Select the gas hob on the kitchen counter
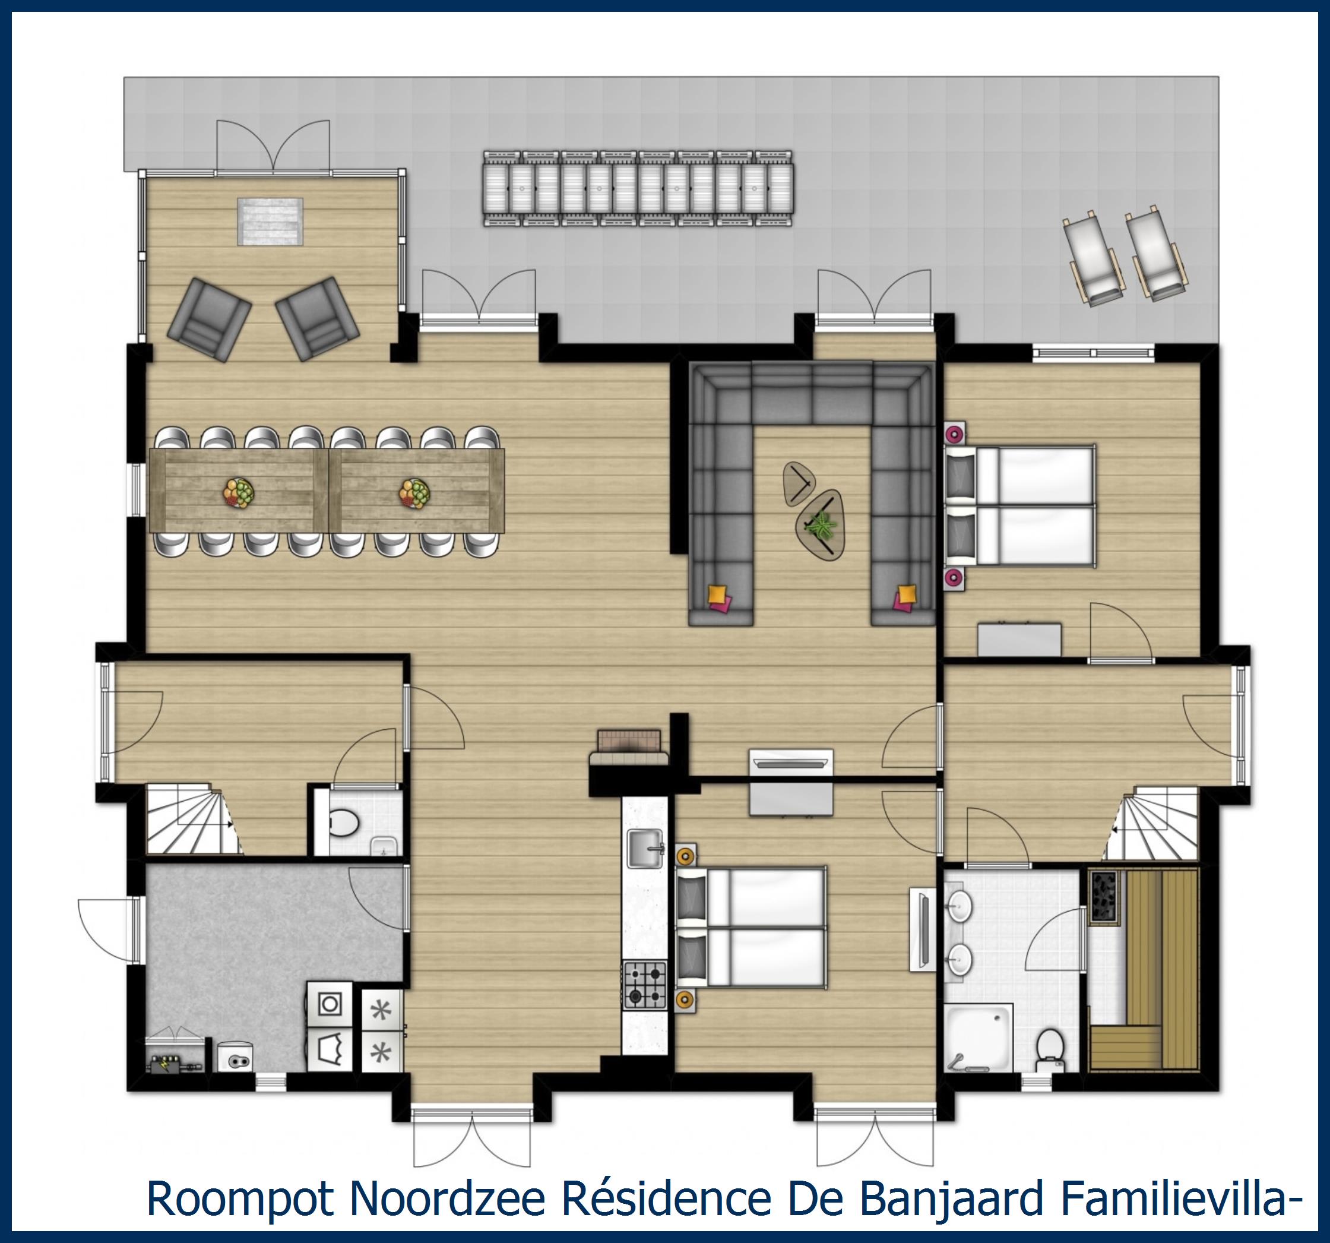pos(645,984)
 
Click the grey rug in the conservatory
pos(270,222)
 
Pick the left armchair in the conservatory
pos(209,319)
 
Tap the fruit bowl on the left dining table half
pos(239,493)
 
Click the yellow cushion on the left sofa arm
pos(717,593)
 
